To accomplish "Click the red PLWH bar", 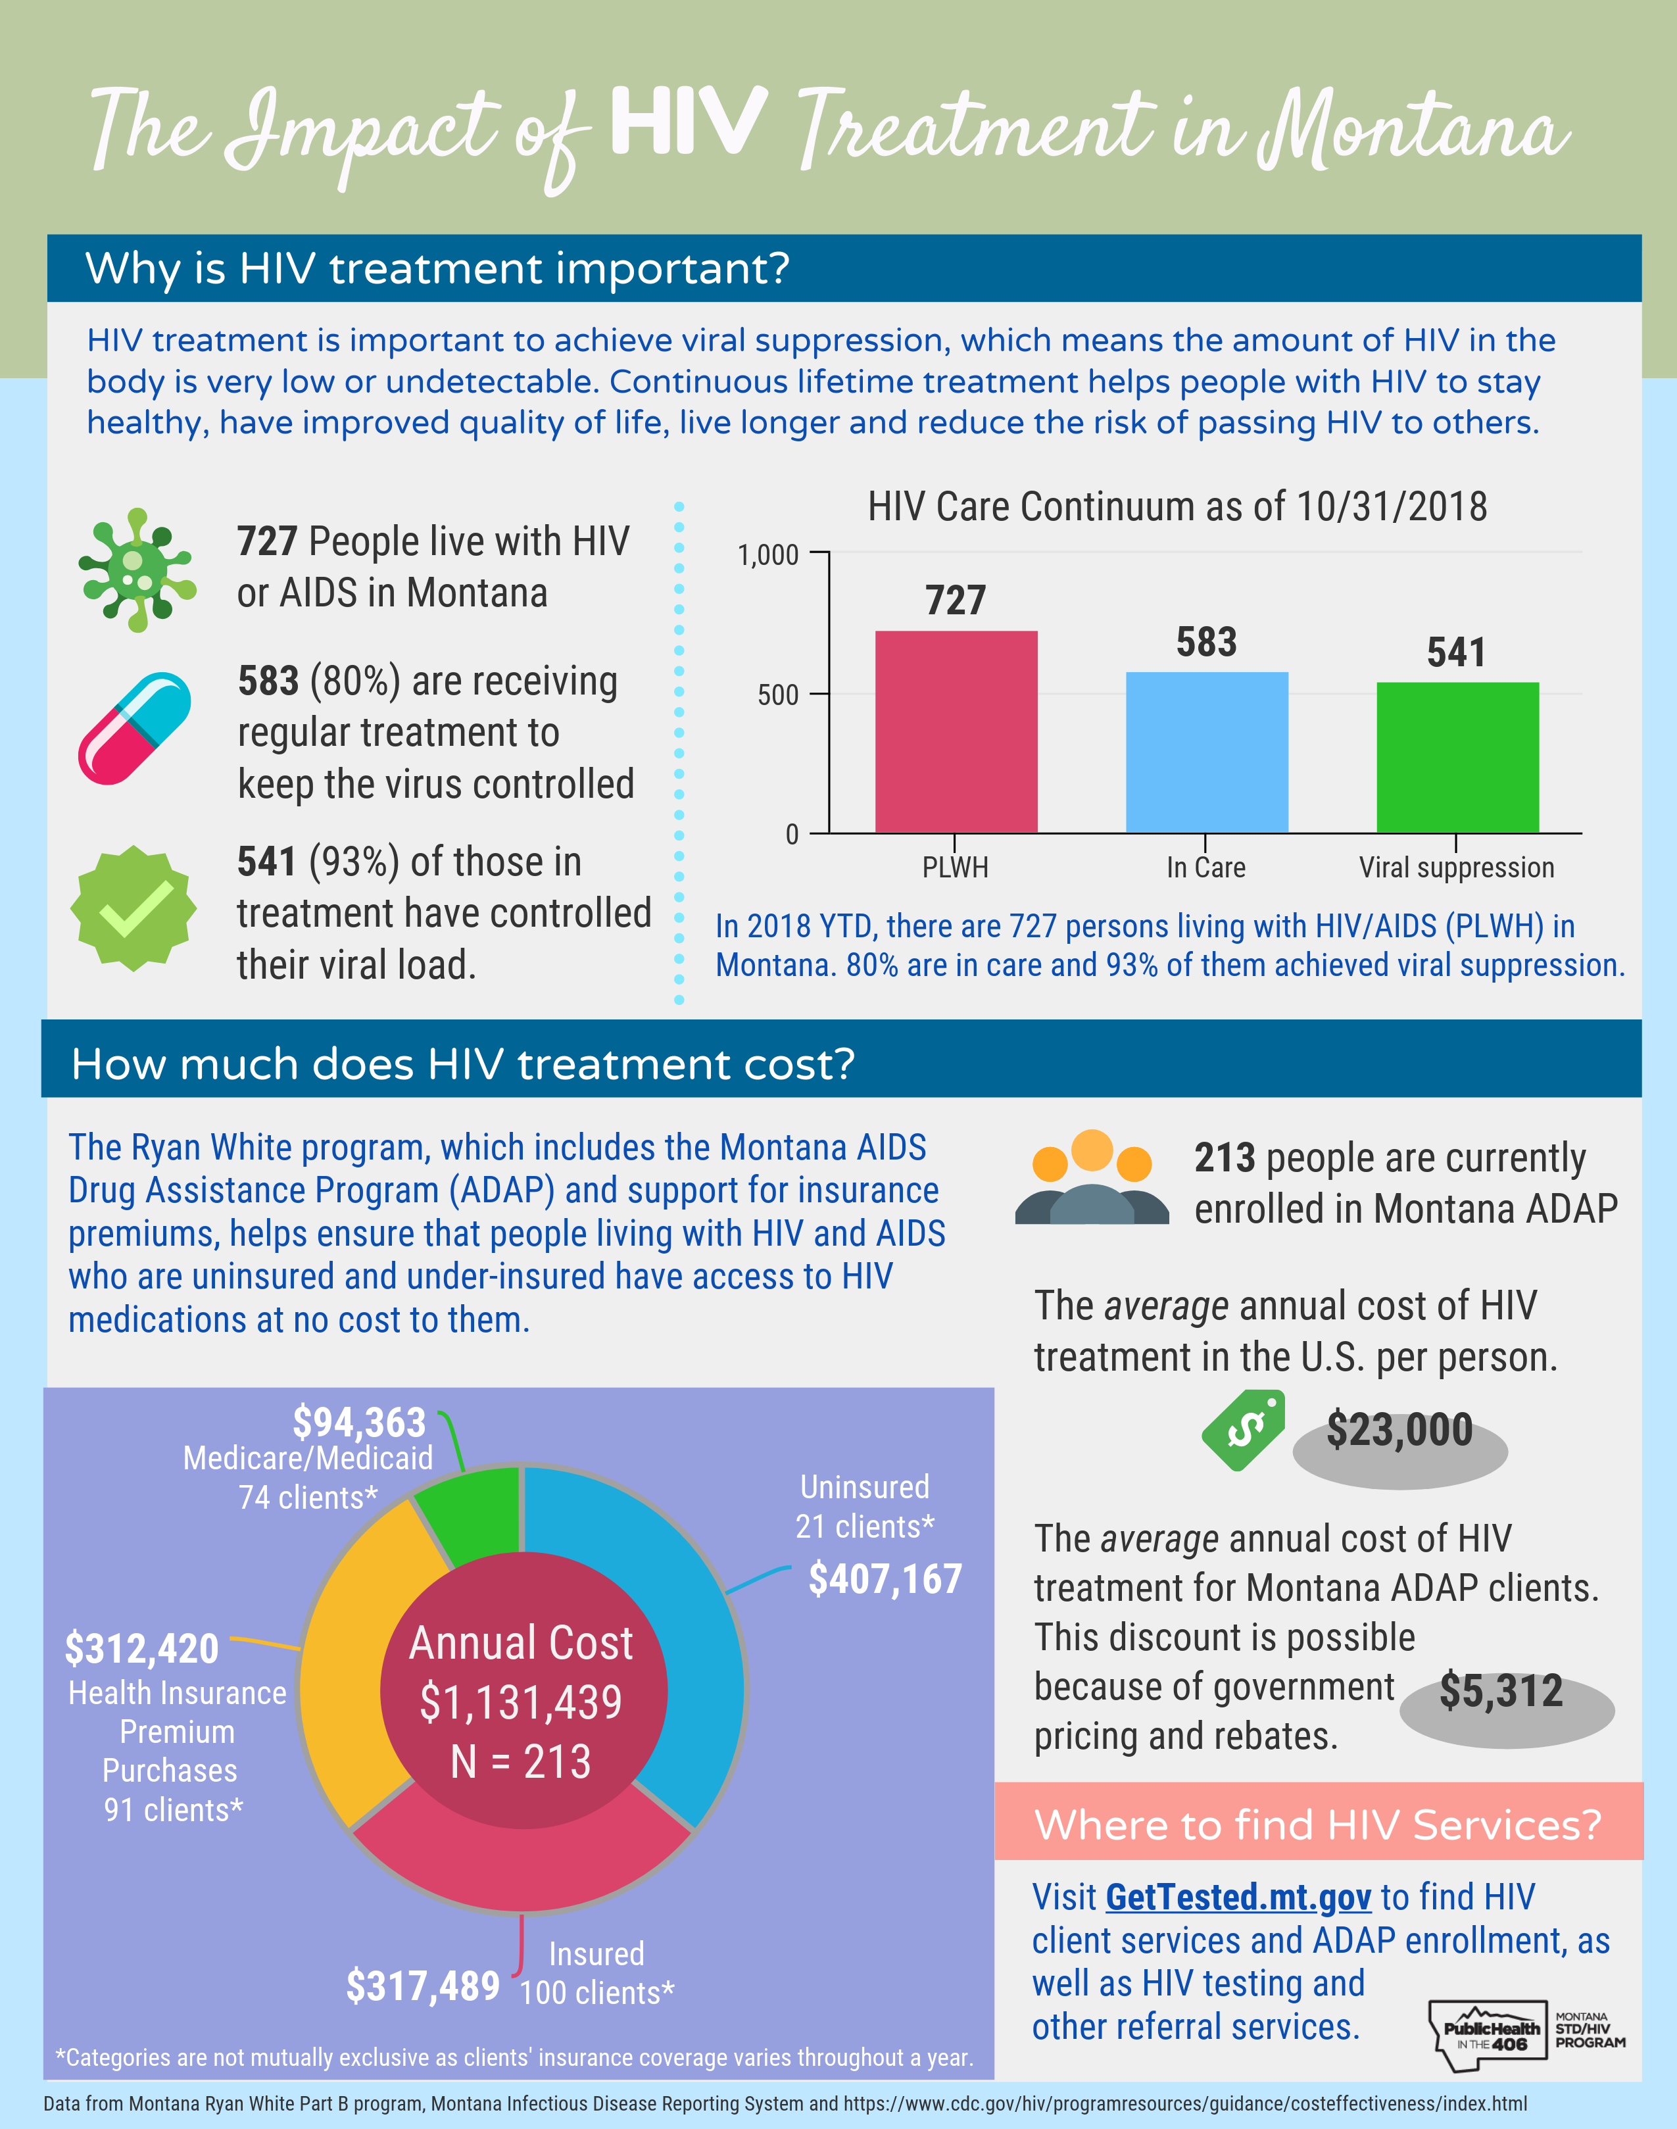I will tap(956, 731).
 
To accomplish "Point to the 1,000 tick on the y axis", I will tap(768, 555).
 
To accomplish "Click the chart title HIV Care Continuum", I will tap(1177, 506).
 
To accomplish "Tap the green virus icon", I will tap(137, 570).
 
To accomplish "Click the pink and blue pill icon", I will tap(135, 727).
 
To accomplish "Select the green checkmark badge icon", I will tap(134, 908).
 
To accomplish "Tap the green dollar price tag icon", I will tap(1243, 1430).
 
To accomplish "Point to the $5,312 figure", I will tap(1500, 1690).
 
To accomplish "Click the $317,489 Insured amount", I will tap(422, 1986).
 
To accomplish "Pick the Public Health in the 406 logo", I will tap(1488, 2036).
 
